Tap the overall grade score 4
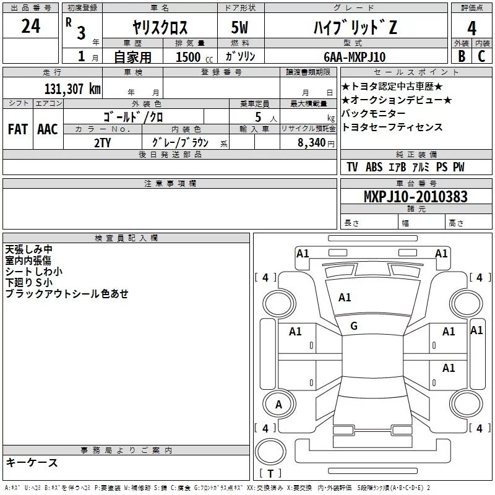[471, 28]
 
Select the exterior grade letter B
[461, 56]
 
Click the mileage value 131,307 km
[72, 88]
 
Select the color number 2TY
[103, 142]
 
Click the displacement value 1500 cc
[192, 57]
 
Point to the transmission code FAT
[18, 129]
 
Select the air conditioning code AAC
[48, 129]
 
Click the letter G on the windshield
[354, 326]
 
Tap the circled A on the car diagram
[278, 404]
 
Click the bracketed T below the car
[270, 474]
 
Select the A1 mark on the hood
[345, 298]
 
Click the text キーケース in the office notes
[32, 462]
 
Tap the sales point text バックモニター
[374, 114]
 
